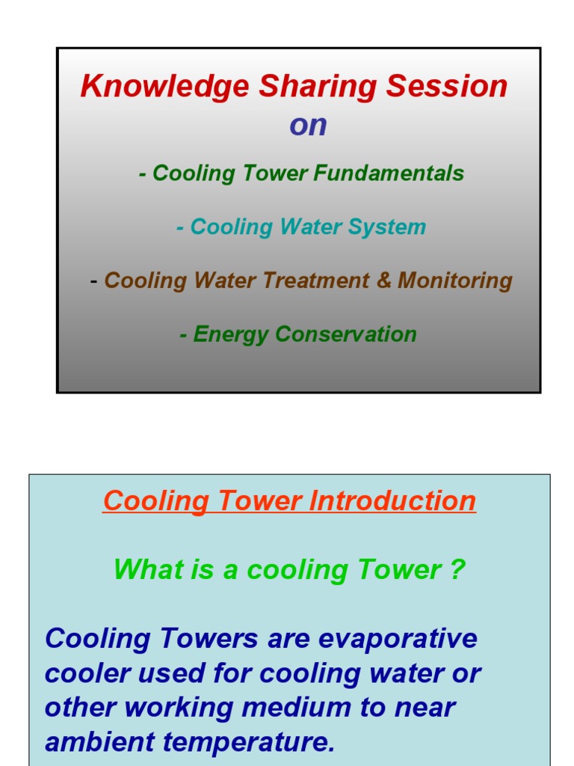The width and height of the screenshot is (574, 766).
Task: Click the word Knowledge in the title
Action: click(x=165, y=87)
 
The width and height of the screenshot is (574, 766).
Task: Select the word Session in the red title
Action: click(x=447, y=87)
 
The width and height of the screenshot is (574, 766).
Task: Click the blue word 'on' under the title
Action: click(x=308, y=126)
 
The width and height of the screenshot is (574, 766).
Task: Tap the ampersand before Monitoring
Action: click(x=384, y=281)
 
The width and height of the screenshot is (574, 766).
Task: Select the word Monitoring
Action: click(x=455, y=281)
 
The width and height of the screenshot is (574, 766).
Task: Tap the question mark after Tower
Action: click(x=458, y=570)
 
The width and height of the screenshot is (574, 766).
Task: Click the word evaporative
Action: click(x=398, y=639)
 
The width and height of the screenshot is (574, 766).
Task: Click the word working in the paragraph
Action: click(x=167, y=708)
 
